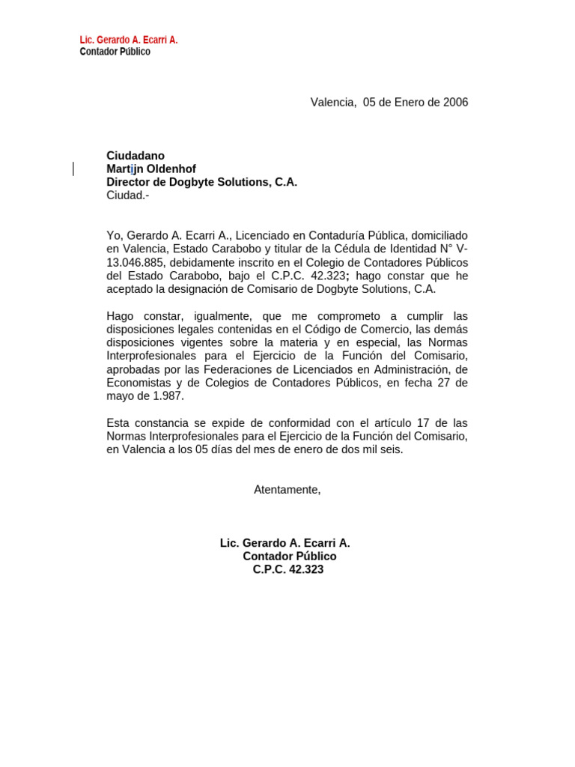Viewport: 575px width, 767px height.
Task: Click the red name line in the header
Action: click(129, 40)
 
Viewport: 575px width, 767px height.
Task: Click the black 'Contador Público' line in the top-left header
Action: click(115, 52)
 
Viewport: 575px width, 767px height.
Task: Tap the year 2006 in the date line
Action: click(455, 103)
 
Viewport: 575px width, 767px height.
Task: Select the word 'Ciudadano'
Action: click(136, 156)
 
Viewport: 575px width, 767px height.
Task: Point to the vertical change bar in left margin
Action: click(73, 169)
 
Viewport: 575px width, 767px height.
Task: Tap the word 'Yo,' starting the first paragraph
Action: click(115, 235)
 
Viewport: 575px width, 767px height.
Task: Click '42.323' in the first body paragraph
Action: click(327, 276)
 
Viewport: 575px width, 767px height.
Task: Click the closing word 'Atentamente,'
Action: click(287, 490)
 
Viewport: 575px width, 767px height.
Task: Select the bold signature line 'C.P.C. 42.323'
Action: click(288, 570)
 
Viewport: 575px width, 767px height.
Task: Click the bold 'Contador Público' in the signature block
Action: click(290, 557)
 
